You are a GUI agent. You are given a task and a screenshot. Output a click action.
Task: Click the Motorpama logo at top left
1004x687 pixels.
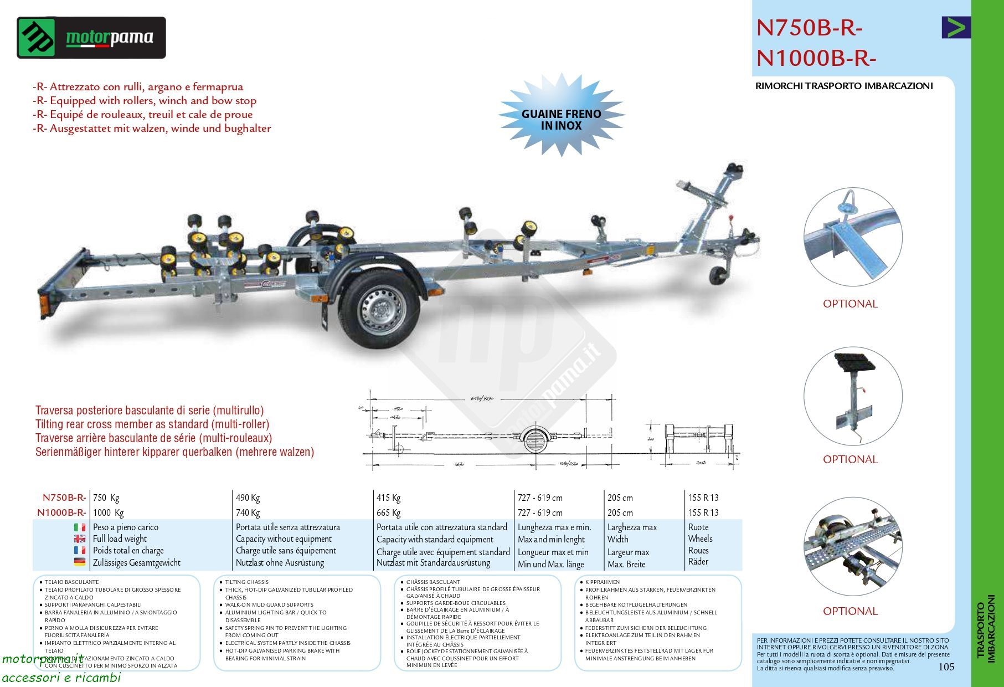pyautogui.click(x=91, y=38)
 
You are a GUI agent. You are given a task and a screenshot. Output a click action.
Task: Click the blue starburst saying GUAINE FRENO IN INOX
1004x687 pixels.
pyautogui.click(x=561, y=120)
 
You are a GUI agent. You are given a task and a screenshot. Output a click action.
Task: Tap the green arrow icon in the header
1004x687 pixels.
pyautogui.click(x=956, y=28)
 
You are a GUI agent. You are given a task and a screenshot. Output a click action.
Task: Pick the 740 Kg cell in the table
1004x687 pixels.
pyautogui.click(x=248, y=512)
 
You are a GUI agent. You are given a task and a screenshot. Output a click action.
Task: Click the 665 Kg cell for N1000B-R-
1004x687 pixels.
pyautogui.click(x=388, y=512)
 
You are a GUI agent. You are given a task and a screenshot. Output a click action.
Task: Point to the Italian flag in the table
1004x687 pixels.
pyautogui.click(x=80, y=527)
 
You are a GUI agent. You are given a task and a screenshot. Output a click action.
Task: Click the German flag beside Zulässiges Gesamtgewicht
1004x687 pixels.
pyautogui.click(x=80, y=562)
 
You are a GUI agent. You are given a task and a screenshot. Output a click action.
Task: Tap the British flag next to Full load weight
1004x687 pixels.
pyautogui.click(x=80, y=539)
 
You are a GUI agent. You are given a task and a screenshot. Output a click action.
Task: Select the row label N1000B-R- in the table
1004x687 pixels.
pyautogui.click(x=61, y=512)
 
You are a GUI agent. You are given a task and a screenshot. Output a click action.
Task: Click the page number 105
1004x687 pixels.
pyautogui.click(x=946, y=667)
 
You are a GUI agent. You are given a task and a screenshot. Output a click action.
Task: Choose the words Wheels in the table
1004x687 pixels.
pyautogui.click(x=700, y=539)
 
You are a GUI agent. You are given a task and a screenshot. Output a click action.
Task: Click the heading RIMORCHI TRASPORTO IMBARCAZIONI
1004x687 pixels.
pyautogui.click(x=844, y=86)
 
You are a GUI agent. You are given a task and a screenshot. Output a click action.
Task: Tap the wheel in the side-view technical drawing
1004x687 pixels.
pyautogui.click(x=534, y=442)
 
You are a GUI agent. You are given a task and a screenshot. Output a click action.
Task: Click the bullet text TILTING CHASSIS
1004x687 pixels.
pyautogui.click(x=246, y=582)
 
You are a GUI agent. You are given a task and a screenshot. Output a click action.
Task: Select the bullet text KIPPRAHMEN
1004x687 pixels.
pyautogui.click(x=602, y=582)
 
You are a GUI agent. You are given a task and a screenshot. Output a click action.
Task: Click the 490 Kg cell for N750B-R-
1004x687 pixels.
pyautogui.click(x=248, y=498)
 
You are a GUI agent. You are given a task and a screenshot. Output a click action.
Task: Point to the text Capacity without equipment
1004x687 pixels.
pyautogui.click(x=284, y=539)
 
